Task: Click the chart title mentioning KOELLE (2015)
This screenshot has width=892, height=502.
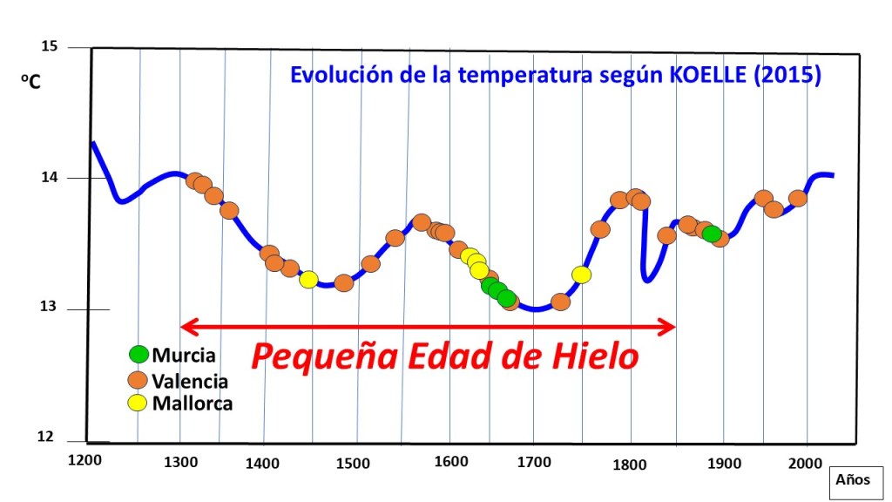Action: point(556,75)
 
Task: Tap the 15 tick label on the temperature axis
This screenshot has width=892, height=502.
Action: point(50,46)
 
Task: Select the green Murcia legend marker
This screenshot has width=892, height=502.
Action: point(139,355)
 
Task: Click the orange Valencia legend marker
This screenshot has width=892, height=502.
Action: point(139,380)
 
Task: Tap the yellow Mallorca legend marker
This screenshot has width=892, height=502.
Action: point(139,403)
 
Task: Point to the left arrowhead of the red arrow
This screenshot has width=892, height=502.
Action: point(186,327)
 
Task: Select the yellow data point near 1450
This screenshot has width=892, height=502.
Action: point(307,280)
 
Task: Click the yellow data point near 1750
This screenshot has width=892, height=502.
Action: point(581,275)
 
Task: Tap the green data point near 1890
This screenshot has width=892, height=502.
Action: point(712,234)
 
